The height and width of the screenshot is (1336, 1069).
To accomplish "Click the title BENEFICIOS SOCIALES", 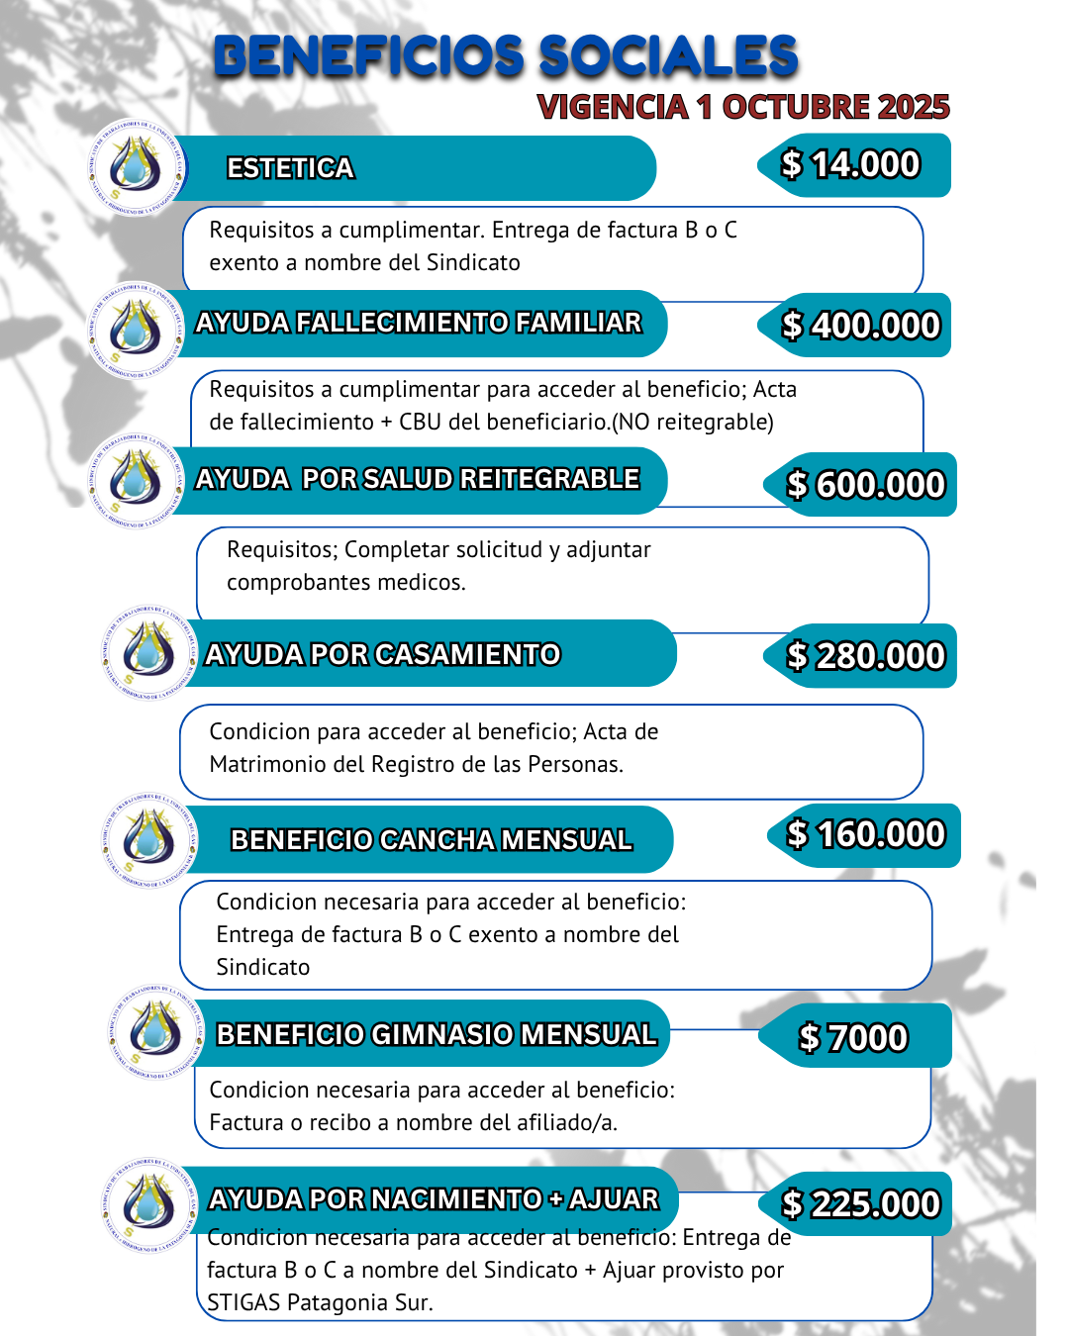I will (506, 56).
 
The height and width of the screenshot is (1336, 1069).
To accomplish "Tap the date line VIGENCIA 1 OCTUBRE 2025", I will (743, 107).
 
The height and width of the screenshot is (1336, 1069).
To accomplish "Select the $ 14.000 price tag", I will (851, 164).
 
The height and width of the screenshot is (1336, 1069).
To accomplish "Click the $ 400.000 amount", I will (860, 325).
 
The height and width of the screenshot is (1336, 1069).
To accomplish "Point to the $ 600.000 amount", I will (865, 485).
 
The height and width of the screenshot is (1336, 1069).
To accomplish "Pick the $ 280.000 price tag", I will (865, 655).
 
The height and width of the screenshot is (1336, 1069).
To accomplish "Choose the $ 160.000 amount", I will (866, 834).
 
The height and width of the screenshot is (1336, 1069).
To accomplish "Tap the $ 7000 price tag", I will (853, 1037).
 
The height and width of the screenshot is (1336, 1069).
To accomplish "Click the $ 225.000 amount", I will (860, 1203).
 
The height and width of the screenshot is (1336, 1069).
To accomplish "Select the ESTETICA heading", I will (290, 168).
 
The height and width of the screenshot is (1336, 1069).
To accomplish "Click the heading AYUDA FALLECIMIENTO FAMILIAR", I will (418, 323).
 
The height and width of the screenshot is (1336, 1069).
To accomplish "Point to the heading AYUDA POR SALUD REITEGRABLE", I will (417, 479).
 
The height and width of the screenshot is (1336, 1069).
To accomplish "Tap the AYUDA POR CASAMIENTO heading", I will (382, 654).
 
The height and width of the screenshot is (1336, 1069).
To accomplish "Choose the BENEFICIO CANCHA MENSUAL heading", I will (431, 839).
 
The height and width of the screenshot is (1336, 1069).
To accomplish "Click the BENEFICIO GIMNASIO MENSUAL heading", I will (437, 1034).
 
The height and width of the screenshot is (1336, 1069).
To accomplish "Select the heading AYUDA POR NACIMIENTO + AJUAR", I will (434, 1199).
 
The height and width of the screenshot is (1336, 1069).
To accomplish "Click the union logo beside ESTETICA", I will (137, 166).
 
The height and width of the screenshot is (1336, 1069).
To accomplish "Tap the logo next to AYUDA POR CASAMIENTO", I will (148, 653).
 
